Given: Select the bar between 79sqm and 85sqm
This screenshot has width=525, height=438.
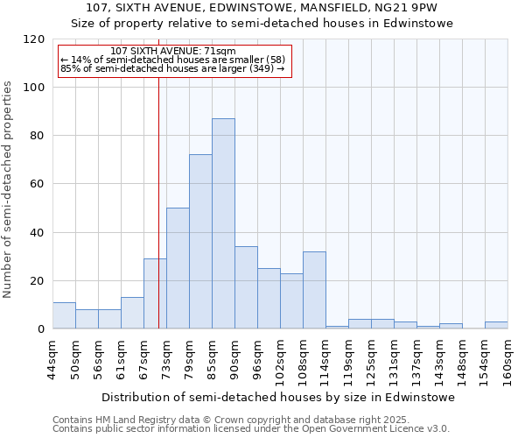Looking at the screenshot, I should pos(200,242).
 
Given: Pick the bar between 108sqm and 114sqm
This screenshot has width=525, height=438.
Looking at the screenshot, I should pos(314,290).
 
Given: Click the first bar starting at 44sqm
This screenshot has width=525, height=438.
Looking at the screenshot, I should pos(64,315).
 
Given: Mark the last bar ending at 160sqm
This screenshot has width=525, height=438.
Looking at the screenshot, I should pos(496,325).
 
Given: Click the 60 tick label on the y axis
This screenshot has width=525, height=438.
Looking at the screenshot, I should pos(38,185).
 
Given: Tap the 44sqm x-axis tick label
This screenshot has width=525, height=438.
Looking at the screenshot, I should pos(52,357).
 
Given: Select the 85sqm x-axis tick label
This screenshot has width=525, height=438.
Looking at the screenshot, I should pos(212,357).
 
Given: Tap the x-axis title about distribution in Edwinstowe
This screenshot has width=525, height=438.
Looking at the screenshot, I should pos(278,397).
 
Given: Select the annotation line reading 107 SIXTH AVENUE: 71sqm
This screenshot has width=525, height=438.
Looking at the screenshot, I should pos(173,52).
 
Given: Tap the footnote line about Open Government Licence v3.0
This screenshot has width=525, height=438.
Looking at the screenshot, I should pos(251,428).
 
